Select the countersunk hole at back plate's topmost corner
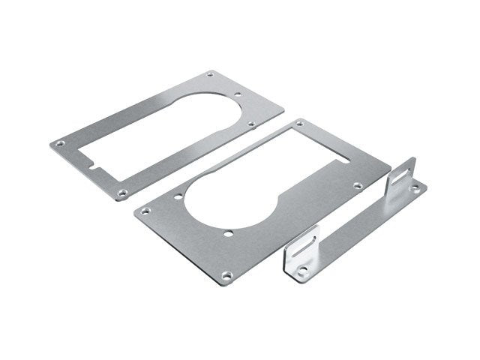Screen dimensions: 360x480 (x=208, y=74)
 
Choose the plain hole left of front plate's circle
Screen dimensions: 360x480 (x=178, y=199)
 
